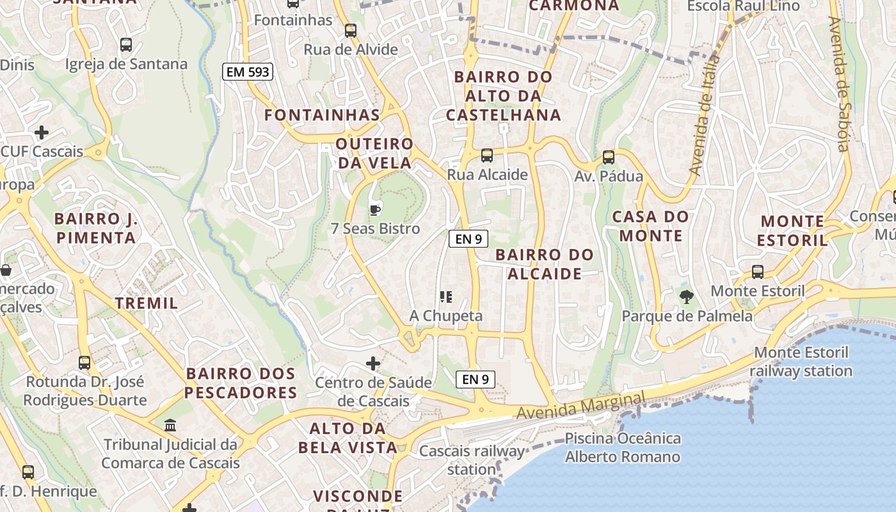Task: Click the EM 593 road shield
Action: pyautogui.click(x=248, y=72)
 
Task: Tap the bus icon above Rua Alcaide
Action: pyautogui.click(x=486, y=156)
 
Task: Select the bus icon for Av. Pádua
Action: pyautogui.click(x=608, y=157)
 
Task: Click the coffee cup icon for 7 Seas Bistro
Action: pyautogui.click(x=375, y=209)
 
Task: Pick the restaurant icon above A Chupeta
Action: pyautogui.click(x=446, y=297)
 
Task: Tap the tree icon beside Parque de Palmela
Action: pyautogui.click(x=687, y=297)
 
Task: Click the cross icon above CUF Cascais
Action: pyautogui.click(x=42, y=132)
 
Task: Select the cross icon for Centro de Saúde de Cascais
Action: pyautogui.click(x=373, y=364)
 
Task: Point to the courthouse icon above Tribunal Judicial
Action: pyautogui.click(x=170, y=425)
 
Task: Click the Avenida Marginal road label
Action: pyautogui.click(x=581, y=406)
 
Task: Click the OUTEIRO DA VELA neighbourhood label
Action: pyautogui.click(x=375, y=153)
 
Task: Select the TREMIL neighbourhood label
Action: pyautogui.click(x=147, y=303)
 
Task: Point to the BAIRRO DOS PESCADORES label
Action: pyautogui.click(x=241, y=383)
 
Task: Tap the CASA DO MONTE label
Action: pyautogui.click(x=650, y=226)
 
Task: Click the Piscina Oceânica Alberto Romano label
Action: pyautogui.click(x=623, y=448)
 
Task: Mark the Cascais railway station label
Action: pyautogui.click(x=472, y=460)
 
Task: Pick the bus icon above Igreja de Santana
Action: pyautogui.click(x=126, y=45)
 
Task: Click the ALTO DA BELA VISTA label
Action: pyautogui.click(x=348, y=438)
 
